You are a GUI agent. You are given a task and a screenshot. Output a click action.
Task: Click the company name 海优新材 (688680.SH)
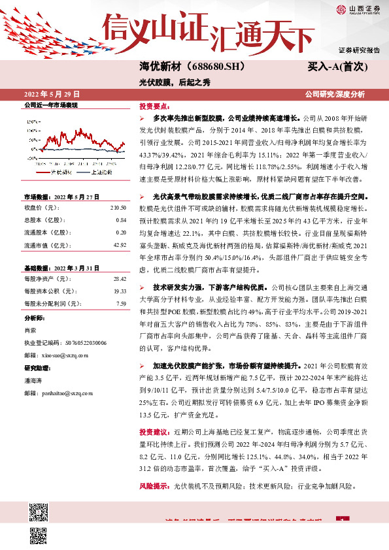pyautogui.click(x=182, y=66)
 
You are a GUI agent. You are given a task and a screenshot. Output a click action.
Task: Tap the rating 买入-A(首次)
pyautogui.click(x=339, y=67)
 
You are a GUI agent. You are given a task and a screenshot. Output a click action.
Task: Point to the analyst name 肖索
pyautogui.click(x=30, y=330)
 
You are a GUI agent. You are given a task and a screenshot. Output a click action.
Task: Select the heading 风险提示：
pyautogui.click(x=155, y=487)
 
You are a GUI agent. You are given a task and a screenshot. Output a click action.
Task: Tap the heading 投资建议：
pyautogui.click(x=155, y=432)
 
